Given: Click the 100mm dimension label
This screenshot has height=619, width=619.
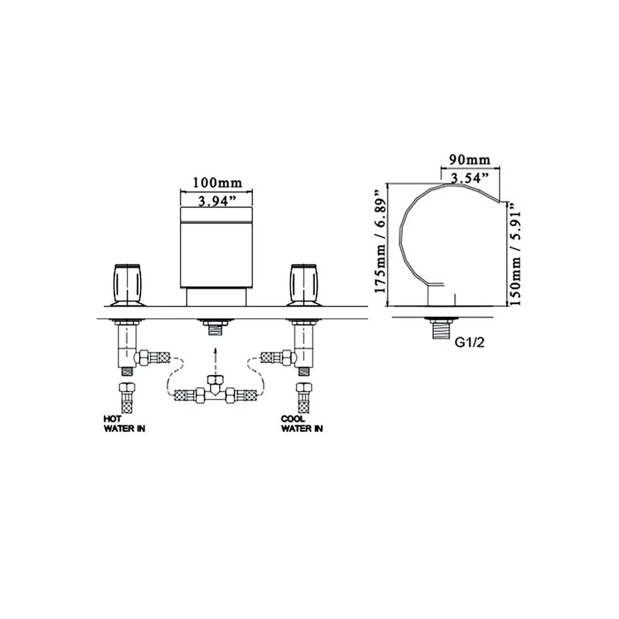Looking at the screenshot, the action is [217, 183].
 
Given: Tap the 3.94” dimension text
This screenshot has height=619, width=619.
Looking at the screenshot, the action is [217, 201].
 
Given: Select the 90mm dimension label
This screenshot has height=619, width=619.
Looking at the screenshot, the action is [470, 160].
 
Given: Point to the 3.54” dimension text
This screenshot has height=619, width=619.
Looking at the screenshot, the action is [470, 178].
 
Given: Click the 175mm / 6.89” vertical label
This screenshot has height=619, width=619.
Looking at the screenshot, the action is [381, 241].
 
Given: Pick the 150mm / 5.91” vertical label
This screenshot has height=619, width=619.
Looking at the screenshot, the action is [516, 253].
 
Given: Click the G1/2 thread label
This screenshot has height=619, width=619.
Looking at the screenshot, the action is [469, 342].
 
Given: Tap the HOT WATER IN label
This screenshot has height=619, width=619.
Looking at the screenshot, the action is [124, 423].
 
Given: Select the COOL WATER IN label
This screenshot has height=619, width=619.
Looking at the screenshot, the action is [302, 423].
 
